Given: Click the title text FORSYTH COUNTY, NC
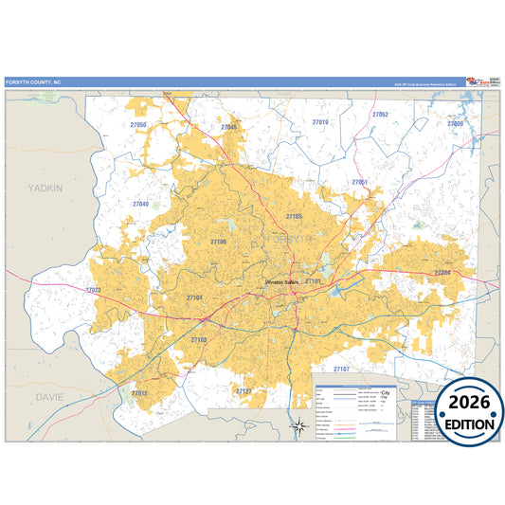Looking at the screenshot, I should pyautogui.click(x=32, y=82).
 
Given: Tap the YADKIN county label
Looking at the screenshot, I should pyautogui.click(x=45, y=189).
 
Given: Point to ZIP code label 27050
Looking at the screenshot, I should pyautogui.click(x=139, y=125).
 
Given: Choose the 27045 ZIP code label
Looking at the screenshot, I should pyautogui.click(x=230, y=127).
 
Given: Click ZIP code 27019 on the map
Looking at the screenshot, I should pyautogui.click(x=320, y=122).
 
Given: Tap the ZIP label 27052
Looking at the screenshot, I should pyautogui.click(x=380, y=114).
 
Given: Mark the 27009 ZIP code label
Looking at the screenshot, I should pyautogui.click(x=455, y=124).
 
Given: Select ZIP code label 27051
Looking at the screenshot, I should pyautogui.click(x=359, y=181).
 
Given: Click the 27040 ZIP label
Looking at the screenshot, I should pyautogui.click(x=140, y=204).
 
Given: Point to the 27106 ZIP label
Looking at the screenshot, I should pyautogui.click(x=219, y=242).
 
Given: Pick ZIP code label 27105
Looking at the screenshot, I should pyautogui.click(x=294, y=216).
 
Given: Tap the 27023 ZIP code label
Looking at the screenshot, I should pyautogui.click(x=93, y=290).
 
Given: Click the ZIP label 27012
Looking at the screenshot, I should pyautogui.click(x=139, y=392).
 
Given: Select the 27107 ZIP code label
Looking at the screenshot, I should pyautogui.click(x=341, y=368).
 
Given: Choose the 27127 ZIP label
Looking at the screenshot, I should pyautogui.click(x=243, y=390).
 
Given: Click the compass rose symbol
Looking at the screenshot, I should pyautogui.click(x=299, y=426).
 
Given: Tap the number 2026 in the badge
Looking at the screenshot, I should pyautogui.click(x=464, y=401).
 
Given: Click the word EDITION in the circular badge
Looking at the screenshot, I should pyautogui.click(x=464, y=424).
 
